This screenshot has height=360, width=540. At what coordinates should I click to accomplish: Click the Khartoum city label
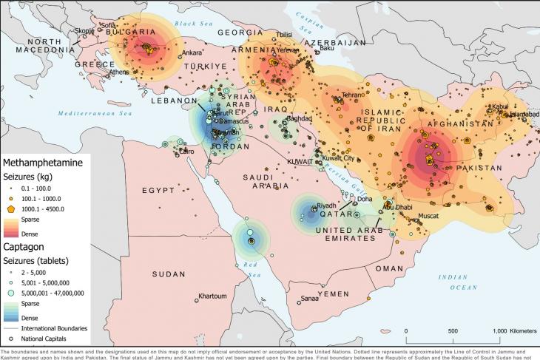[212, 296]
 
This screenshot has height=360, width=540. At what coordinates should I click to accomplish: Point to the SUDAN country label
[169, 274]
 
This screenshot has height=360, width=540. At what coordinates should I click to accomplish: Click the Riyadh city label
[326, 206]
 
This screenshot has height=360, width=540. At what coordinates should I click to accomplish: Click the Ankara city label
[192, 52]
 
